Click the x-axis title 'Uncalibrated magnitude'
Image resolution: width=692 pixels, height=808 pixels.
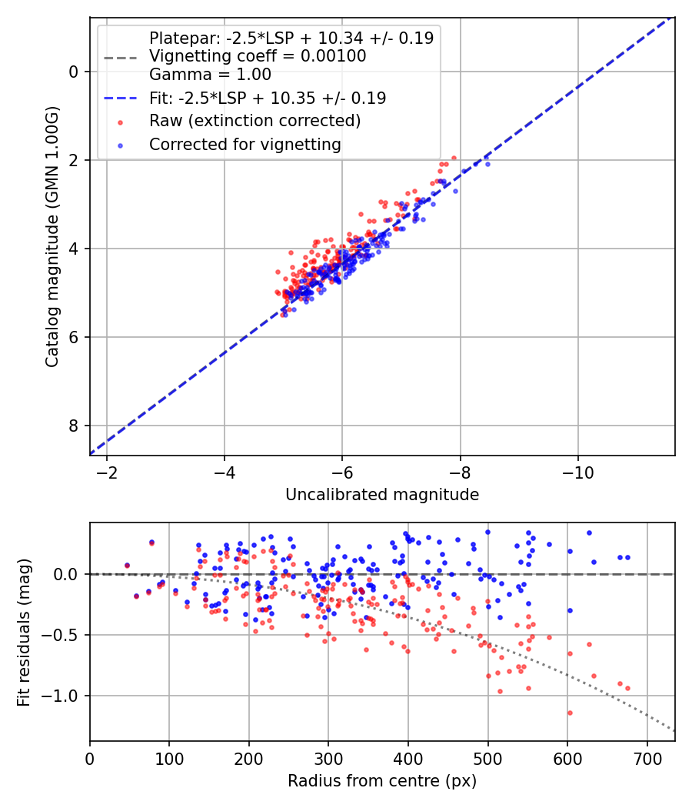click(x=382, y=495)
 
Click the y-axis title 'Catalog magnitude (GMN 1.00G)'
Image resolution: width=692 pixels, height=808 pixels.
click(x=52, y=235)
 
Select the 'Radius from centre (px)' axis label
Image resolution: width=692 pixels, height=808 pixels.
click(x=382, y=781)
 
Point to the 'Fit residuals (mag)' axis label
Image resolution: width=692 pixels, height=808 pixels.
click(x=24, y=632)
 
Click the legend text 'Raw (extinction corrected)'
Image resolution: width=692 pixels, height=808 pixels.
click(x=255, y=121)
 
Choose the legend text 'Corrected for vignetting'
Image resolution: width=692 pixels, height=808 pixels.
click(x=245, y=144)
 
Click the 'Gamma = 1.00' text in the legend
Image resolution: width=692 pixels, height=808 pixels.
click(x=210, y=75)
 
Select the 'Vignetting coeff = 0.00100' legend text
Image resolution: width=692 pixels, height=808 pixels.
click(x=258, y=56)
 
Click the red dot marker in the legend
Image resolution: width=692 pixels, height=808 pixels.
click(x=120, y=122)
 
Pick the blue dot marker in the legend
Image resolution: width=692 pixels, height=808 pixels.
click(x=120, y=145)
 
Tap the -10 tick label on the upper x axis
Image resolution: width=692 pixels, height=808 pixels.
click(x=577, y=472)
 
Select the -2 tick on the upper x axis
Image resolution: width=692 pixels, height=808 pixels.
click(x=107, y=472)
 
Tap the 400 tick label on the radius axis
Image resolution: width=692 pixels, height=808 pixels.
click(x=408, y=758)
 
